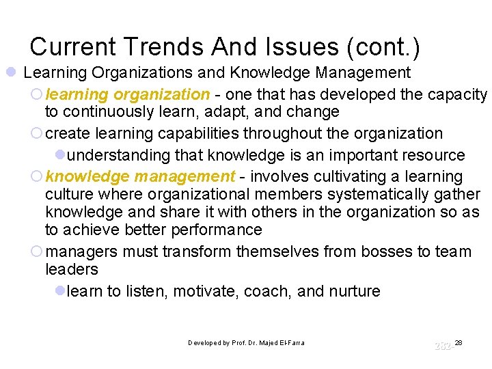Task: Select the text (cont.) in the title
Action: point(383,46)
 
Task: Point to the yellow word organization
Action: point(161,94)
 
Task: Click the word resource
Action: point(430,155)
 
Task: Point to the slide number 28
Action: point(459,342)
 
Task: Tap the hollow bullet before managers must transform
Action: point(38,251)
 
